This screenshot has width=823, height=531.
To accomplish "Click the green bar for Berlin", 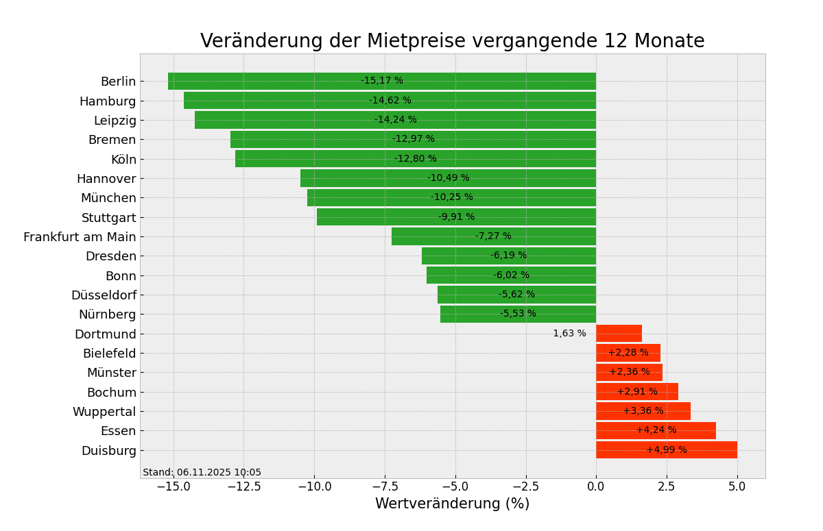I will (274, 82).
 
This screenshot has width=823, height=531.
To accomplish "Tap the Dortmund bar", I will (619, 334).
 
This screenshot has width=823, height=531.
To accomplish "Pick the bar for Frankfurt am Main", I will (439, 236).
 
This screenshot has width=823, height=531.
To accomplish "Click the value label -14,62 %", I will (390, 101).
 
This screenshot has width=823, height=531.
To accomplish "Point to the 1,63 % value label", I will (569, 334).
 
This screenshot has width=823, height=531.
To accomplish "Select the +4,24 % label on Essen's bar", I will (656, 430).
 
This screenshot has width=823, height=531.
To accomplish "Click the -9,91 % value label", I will (456, 217).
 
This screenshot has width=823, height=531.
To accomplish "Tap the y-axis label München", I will (108, 198).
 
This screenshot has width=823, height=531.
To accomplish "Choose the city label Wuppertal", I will (104, 412).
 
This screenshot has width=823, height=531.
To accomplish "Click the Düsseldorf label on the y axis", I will (104, 295).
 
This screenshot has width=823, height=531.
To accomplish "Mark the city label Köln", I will (123, 160).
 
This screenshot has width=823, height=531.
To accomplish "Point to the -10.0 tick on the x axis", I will (313, 486).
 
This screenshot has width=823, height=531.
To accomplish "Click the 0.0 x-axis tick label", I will (596, 486).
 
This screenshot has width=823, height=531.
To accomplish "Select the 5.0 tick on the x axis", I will (737, 486).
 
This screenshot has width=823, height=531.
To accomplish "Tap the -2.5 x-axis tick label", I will (525, 486).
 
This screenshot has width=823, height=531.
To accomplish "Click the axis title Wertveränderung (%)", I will (452, 504).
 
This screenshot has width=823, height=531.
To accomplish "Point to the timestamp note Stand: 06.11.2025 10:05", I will (202, 473).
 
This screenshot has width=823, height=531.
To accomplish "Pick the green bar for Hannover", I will (384, 178).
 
